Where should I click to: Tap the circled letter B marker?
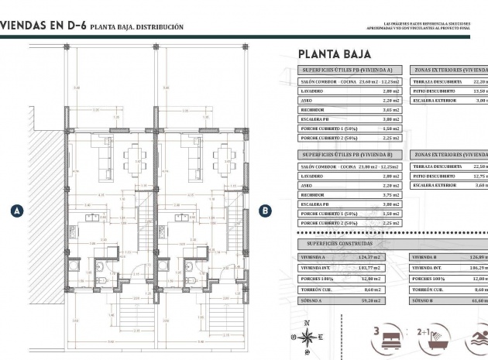coord(265,210)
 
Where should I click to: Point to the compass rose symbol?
coord(308,337)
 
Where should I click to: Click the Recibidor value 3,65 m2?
coord(390,110)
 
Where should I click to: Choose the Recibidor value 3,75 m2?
coord(390,195)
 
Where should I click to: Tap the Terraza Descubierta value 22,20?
coord(479,81)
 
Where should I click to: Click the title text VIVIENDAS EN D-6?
coord(43,26)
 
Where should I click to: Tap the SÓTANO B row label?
coord(425,298)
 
